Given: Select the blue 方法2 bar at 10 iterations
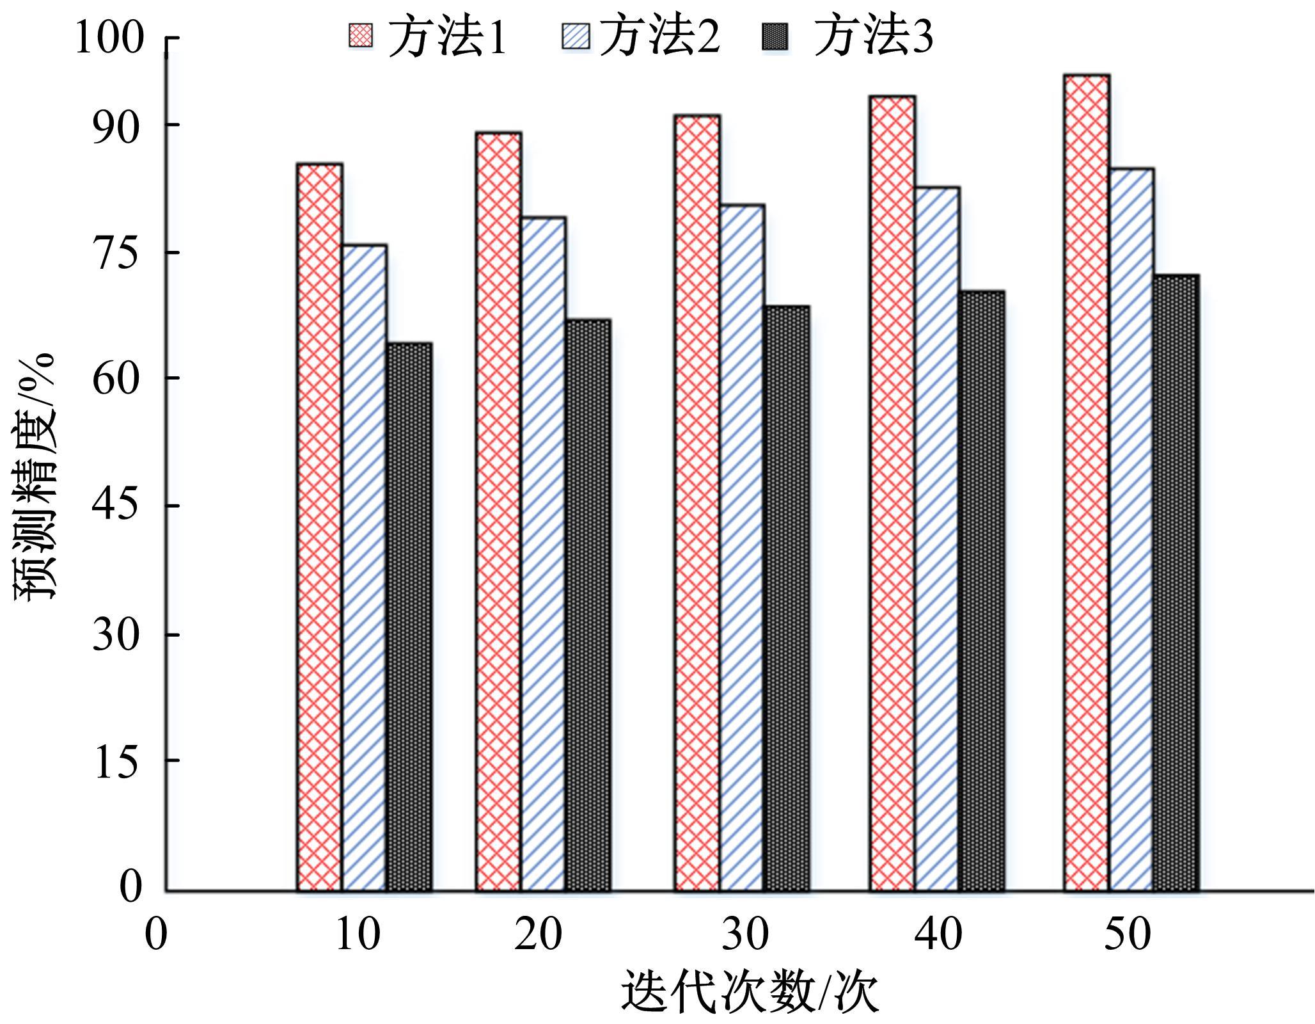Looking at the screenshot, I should [x=364, y=568].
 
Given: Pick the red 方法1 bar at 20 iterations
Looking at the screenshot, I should [x=499, y=511].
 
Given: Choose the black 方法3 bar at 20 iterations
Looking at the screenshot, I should [x=588, y=605].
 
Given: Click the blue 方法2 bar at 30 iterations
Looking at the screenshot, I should [x=742, y=548].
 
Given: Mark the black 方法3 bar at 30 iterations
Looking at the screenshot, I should [x=787, y=598].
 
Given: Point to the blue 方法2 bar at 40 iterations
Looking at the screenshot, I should [x=937, y=539].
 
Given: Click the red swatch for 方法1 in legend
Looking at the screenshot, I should [x=360, y=36].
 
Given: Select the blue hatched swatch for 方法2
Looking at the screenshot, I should [x=576, y=36].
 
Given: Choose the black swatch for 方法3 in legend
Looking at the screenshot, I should [x=775, y=36].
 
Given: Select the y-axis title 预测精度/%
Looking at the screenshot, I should [x=35, y=476].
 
